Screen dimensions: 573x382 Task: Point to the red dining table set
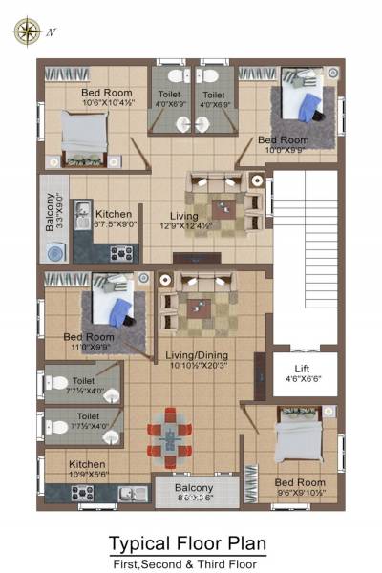coord(169,436)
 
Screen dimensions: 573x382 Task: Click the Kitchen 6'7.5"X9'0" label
coord(114,220)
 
